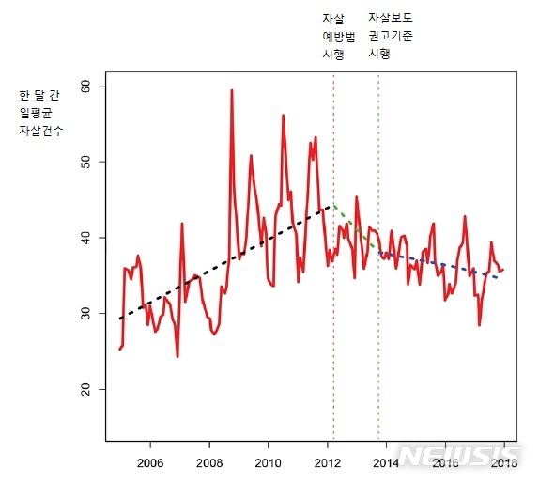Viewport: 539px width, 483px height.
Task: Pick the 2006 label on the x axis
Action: tap(150, 462)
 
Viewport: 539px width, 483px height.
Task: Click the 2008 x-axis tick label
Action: tap(209, 462)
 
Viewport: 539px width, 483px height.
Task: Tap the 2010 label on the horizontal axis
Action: tap(269, 462)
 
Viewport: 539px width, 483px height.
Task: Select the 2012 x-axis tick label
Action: tap(328, 462)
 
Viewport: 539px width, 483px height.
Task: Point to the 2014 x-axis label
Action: tap(387, 462)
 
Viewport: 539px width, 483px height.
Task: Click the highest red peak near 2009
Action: tap(231, 91)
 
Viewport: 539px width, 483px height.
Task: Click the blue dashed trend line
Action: tap(441, 264)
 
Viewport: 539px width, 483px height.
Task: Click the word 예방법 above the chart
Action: tap(338, 37)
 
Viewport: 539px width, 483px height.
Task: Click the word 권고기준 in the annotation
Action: tap(390, 37)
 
